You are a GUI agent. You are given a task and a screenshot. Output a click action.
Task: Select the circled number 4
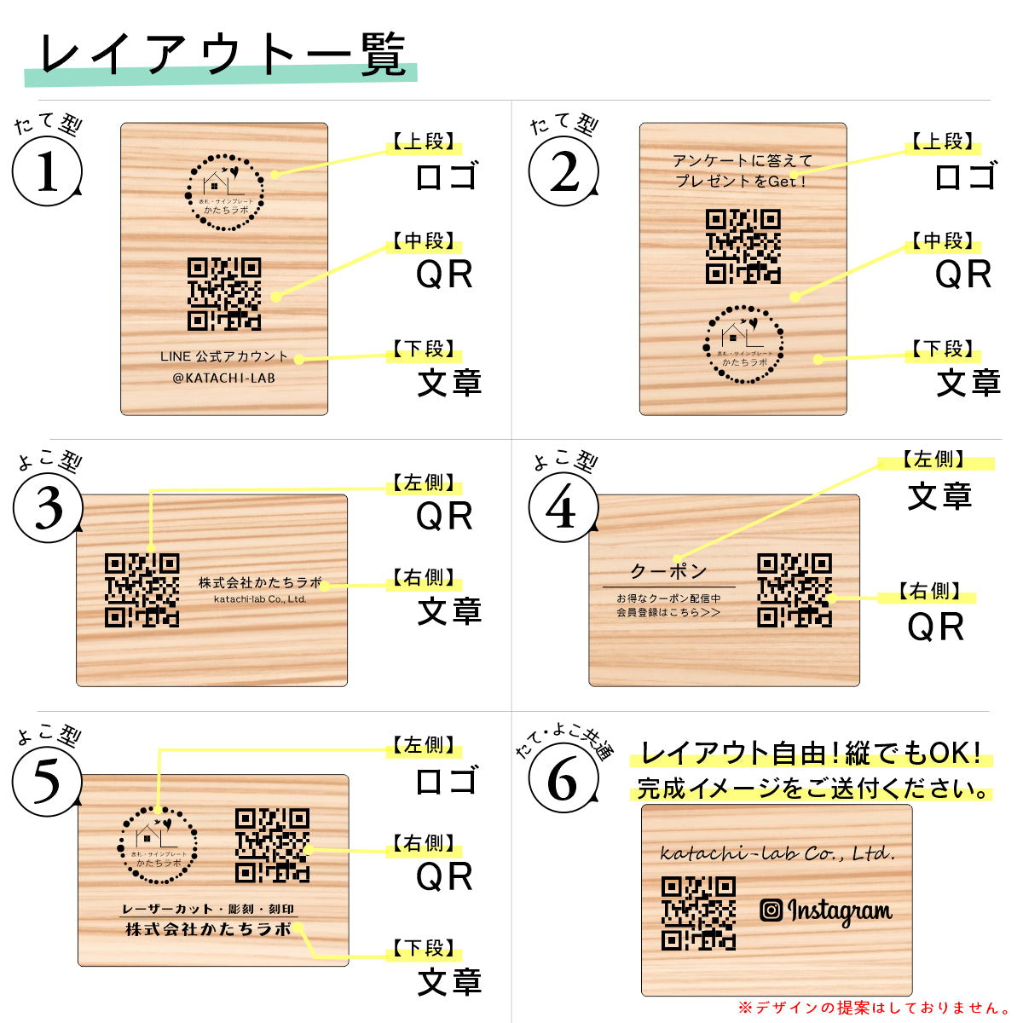point(562,509)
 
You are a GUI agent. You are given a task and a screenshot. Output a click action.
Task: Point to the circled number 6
point(562,778)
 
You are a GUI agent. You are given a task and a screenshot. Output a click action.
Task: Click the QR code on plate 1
point(224,293)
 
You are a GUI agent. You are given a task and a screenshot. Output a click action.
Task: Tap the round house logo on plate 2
point(743,344)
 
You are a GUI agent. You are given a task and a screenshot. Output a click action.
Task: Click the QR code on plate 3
point(142,590)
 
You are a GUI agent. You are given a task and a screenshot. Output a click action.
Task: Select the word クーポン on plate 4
point(668,570)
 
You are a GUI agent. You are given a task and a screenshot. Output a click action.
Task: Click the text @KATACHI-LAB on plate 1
point(224,378)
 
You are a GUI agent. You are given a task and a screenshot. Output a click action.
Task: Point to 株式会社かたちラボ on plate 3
point(260,582)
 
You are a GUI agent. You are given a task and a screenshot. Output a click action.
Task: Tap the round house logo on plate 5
point(159,844)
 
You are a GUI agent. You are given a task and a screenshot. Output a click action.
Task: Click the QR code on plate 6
point(698,913)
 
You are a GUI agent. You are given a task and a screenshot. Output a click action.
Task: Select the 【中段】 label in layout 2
point(943,241)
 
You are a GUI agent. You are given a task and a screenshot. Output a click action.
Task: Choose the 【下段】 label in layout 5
point(424,948)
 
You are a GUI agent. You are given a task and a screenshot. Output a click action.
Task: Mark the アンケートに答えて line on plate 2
point(743,160)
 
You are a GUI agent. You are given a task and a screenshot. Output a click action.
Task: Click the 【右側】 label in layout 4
point(929,591)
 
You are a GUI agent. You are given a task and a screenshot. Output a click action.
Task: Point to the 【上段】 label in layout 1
point(424,142)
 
